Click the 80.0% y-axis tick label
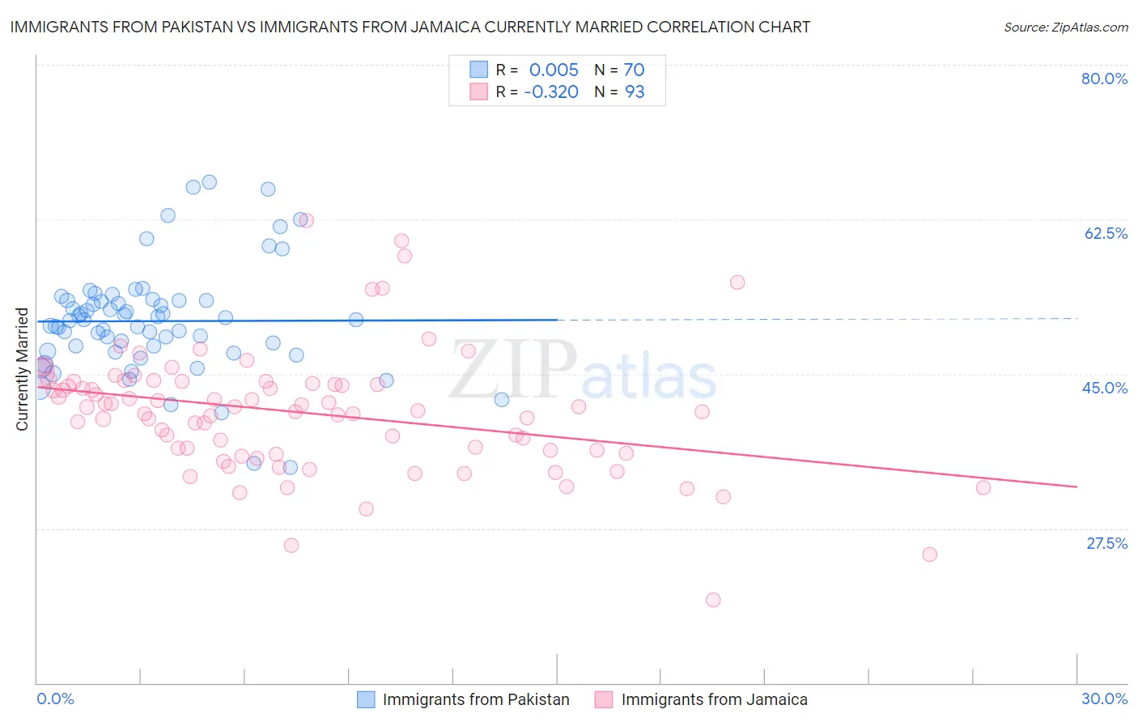tap(1104, 79)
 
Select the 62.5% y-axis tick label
tap(1106, 233)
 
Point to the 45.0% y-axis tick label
tap(1105, 388)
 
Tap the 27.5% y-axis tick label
tap(1106, 543)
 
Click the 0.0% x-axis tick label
tap(55, 699)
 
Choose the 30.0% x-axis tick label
tap(1104, 699)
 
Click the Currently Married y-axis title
tap(22, 369)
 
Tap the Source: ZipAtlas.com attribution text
tap(1065, 27)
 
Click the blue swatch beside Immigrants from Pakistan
tap(366, 699)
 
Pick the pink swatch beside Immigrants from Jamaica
tap(604, 699)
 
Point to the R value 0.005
tap(554, 70)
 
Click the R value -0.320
tap(550, 92)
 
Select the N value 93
tap(635, 92)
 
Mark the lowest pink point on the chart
tap(713, 600)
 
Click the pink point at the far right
tap(983, 487)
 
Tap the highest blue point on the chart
tap(209, 182)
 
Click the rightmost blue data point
tap(502, 399)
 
